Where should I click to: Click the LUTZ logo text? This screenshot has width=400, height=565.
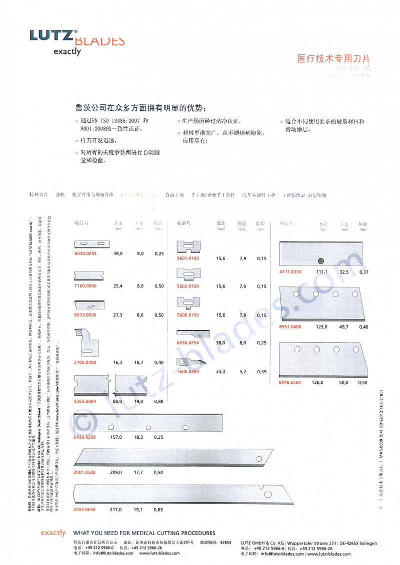tap(51, 35)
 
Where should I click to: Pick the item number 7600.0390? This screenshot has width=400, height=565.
tap(188, 371)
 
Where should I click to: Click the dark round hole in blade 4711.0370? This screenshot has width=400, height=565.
tap(320, 261)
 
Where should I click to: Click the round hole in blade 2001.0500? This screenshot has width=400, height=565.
tap(259, 459)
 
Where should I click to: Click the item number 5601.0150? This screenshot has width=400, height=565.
tap(188, 258)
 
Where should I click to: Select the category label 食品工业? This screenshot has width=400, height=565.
tap(175, 195)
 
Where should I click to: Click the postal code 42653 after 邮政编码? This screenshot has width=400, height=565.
tap(225, 542)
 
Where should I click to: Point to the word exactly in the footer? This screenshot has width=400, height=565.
tap(53, 533)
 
